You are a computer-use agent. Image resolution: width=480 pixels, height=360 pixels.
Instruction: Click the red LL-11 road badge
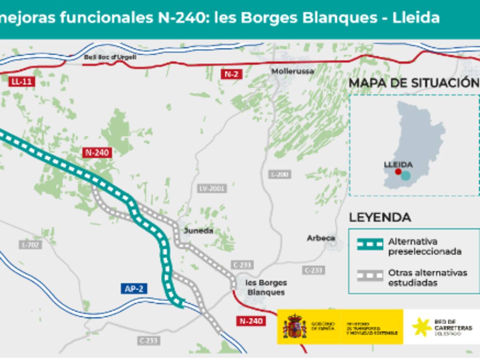click(22, 82)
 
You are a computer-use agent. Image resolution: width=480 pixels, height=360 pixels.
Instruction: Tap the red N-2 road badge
click(232, 74)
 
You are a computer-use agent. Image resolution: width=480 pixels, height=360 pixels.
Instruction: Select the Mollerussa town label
click(293, 71)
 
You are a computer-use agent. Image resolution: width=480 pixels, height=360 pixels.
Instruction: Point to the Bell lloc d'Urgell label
click(110, 57)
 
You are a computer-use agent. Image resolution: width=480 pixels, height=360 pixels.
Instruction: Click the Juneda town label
click(198, 231)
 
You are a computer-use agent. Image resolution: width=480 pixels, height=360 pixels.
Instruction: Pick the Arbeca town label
click(321, 238)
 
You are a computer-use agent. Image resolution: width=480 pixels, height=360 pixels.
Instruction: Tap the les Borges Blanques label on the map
click(266, 287)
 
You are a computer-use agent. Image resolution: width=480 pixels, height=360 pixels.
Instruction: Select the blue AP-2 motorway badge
click(134, 288)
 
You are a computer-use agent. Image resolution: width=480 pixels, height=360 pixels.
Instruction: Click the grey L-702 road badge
click(30, 244)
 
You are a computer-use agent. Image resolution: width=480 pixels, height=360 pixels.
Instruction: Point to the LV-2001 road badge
click(212, 188)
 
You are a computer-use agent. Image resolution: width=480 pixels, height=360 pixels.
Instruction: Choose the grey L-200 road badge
click(280, 174)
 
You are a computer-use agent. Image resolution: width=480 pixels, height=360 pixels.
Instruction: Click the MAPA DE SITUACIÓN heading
click(414, 83)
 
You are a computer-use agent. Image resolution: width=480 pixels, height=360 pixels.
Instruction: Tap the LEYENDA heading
click(380, 218)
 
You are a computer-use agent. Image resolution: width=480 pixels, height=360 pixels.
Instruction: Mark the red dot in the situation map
click(398, 172)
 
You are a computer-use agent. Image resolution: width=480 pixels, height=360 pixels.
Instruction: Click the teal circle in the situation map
click(406, 176)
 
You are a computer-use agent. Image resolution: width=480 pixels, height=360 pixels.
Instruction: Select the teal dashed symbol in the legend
click(370, 244)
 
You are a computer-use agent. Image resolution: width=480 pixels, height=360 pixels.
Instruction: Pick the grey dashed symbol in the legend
click(370, 275)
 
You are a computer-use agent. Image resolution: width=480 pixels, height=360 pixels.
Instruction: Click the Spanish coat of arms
click(294, 326)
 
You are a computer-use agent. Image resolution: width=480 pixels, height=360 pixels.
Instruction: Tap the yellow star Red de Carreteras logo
click(422, 327)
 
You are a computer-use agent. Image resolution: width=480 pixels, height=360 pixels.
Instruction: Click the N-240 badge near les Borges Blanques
click(251, 321)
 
